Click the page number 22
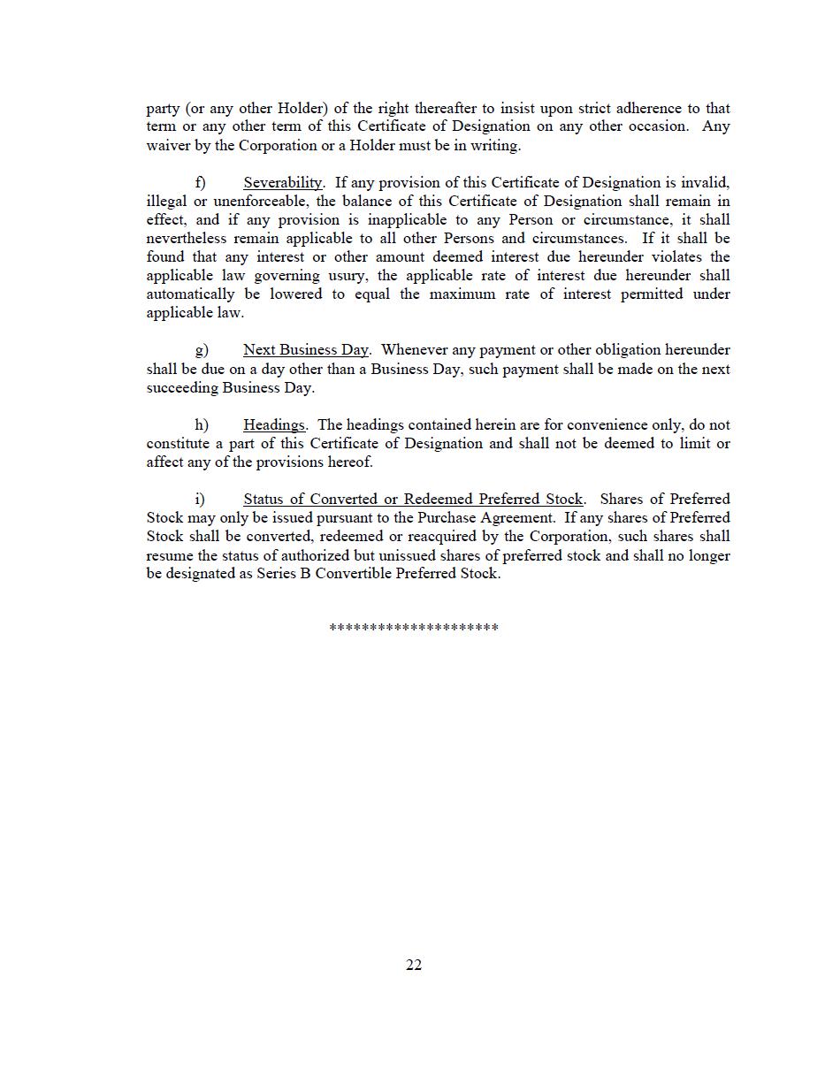click(x=414, y=965)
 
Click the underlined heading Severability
click(x=283, y=183)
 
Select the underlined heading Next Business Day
click(x=306, y=350)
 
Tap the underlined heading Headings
click(x=274, y=425)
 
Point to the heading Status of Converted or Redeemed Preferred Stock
click(x=413, y=500)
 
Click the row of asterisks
click(x=414, y=628)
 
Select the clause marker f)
click(x=201, y=183)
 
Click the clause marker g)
click(x=202, y=350)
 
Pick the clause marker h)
click(x=202, y=425)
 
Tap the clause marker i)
click(x=200, y=500)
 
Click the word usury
click(x=345, y=276)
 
